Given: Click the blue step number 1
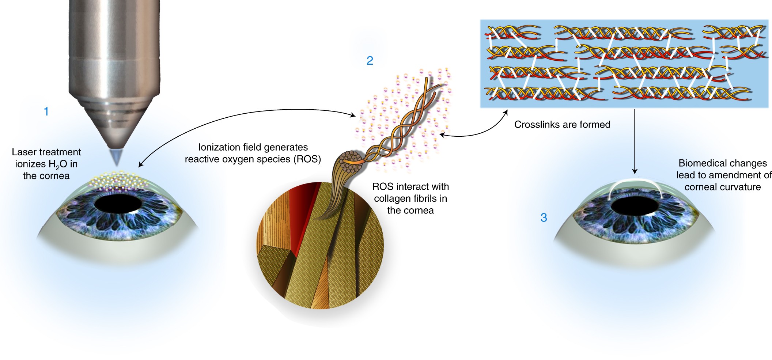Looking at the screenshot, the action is point(46,111).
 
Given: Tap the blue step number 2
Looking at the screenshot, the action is point(370,60).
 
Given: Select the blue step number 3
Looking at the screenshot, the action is point(544,217).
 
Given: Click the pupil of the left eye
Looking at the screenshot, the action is point(118,203).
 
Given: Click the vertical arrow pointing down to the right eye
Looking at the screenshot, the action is point(635,142).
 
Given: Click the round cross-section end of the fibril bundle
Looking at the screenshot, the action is point(350,162).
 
